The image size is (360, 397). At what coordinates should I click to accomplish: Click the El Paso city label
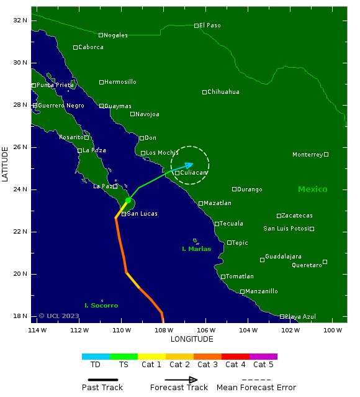click(x=210, y=25)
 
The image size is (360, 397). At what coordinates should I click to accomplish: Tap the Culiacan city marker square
click(x=177, y=173)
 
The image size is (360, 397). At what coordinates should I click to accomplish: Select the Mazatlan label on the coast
click(x=217, y=203)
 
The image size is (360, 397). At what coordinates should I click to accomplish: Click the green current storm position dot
click(x=128, y=201)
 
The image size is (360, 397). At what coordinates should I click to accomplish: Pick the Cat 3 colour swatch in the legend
click(x=207, y=357)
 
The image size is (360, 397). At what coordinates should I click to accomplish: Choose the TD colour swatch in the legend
click(x=96, y=357)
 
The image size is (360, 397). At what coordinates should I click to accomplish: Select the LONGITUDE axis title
click(x=192, y=339)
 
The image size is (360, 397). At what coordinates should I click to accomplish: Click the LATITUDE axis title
click(x=6, y=164)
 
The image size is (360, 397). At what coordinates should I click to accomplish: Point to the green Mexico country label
click(x=312, y=189)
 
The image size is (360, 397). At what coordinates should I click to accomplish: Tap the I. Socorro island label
click(x=101, y=306)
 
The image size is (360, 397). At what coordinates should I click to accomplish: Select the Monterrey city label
click(x=307, y=155)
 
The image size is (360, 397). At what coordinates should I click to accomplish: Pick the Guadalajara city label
click(x=283, y=257)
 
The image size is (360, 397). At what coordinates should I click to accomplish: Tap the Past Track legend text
click(x=102, y=388)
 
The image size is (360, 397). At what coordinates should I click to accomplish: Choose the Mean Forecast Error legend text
click(x=256, y=388)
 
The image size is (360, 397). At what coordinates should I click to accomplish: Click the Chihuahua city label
click(x=223, y=92)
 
